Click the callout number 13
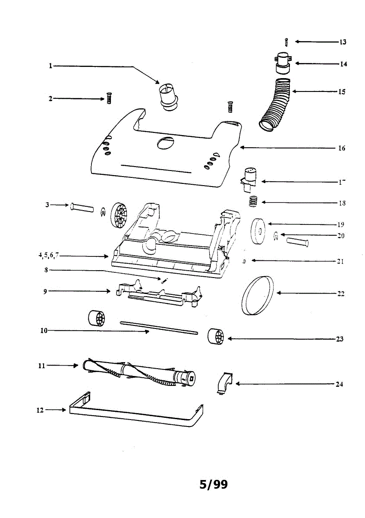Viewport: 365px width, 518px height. [343, 42]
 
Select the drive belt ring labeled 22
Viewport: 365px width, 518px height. [258, 296]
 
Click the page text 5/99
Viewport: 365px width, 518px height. [213, 484]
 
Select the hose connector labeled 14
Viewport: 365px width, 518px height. [283, 62]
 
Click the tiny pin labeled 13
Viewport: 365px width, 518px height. [286, 42]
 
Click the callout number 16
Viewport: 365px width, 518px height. [341, 148]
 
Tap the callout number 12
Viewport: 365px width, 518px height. [40, 410]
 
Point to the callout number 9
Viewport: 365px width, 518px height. [45, 291]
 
